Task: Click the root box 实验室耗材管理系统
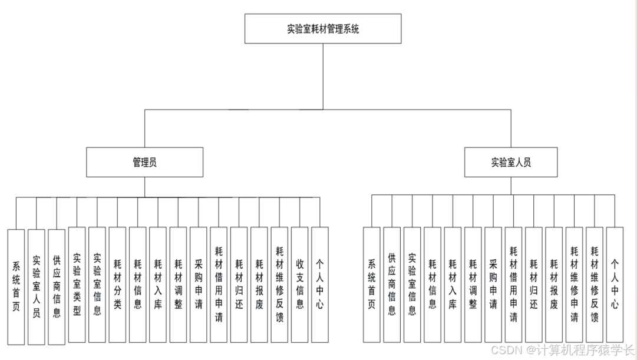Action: (x=322, y=29)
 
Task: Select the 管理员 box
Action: (x=144, y=162)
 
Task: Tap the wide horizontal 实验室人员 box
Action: (x=510, y=162)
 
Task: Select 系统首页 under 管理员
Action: (x=16, y=286)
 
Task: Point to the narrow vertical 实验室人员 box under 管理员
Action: (x=37, y=286)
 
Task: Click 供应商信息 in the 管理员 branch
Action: (x=57, y=286)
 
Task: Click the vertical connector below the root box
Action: (x=322, y=77)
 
